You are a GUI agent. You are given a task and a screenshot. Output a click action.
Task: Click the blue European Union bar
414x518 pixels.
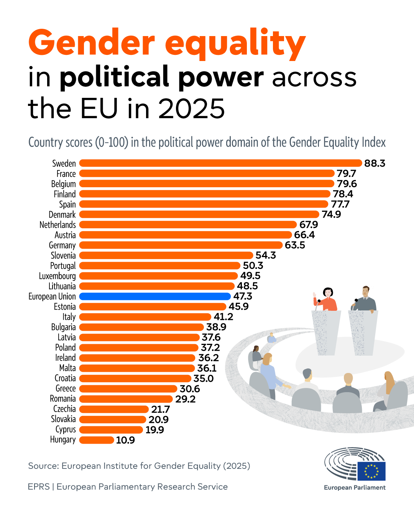pyautogui.click(x=155, y=296)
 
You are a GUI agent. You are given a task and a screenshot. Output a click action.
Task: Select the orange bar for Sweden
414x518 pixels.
pyautogui.click(x=220, y=163)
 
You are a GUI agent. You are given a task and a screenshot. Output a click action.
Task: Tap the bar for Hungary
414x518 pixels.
pyautogui.click(x=97, y=440)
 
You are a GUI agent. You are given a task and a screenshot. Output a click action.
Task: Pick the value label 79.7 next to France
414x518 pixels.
pyautogui.click(x=346, y=173)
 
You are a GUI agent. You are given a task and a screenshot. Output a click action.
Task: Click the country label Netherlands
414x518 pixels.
pyautogui.click(x=58, y=225)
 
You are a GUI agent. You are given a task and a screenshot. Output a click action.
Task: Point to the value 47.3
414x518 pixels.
pyautogui.click(x=243, y=296)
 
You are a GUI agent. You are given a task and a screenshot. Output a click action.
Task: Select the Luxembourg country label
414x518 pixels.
pyautogui.click(x=57, y=276)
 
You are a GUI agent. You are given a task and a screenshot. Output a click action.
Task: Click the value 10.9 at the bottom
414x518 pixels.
pyautogui.click(x=125, y=440)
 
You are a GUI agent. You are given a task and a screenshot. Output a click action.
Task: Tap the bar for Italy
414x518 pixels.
pyautogui.click(x=145, y=317)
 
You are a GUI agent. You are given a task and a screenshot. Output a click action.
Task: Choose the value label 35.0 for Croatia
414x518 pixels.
pyautogui.click(x=203, y=378)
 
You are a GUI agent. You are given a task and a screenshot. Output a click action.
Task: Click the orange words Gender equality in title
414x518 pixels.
pyautogui.click(x=167, y=43)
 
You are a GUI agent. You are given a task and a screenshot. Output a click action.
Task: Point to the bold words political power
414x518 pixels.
pyautogui.click(x=161, y=77)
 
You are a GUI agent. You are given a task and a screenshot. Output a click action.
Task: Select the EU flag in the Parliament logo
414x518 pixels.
pyautogui.click(x=371, y=471)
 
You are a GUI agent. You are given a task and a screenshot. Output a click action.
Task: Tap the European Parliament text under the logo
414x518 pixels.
pyautogui.click(x=355, y=488)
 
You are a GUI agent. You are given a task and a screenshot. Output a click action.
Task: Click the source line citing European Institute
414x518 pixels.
pyautogui.click(x=139, y=466)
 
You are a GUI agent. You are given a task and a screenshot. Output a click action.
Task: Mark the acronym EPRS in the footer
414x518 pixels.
pyautogui.click(x=39, y=487)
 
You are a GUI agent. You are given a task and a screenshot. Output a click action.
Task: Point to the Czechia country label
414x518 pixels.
pyautogui.click(x=64, y=409)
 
